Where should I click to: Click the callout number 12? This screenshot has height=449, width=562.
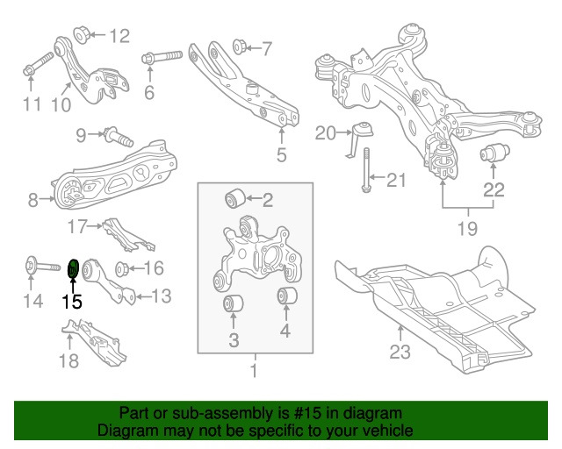119,36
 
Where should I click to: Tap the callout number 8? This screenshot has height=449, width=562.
33,201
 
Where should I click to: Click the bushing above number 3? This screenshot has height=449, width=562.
234,304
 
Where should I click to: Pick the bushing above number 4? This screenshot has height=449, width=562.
285,298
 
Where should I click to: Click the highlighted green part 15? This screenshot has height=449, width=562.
74,267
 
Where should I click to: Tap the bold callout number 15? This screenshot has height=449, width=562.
71,303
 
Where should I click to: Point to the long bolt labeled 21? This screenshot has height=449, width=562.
364,172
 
